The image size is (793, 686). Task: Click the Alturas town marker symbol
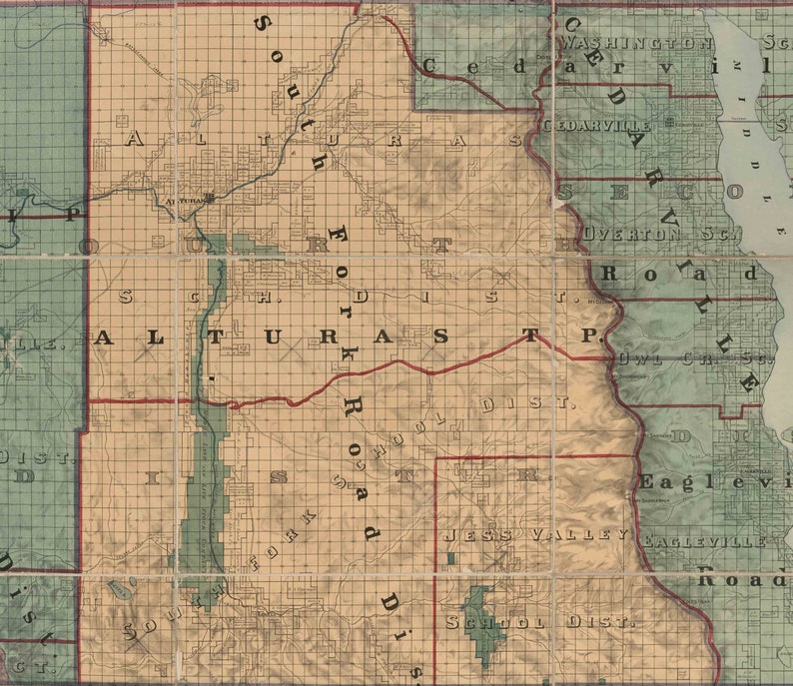click(210, 198)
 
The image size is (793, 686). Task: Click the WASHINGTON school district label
click(636, 44)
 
